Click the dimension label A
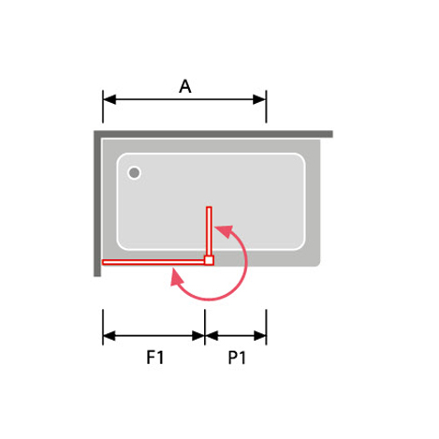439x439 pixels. (x=185, y=86)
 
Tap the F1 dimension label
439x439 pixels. (x=155, y=358)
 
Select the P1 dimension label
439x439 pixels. (x=237, y=358)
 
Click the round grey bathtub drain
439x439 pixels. (x=134, y=172)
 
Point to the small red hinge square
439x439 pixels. (x=209, y=260)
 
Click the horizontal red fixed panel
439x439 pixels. (x=154, y=262)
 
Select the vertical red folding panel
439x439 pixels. (x=209, y=231)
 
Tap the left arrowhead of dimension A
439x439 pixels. (x=110, y=99)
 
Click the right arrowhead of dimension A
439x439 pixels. (x=259, y=99)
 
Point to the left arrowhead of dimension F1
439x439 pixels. (x=110, y=336)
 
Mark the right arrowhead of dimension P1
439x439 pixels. (x=260, y=336)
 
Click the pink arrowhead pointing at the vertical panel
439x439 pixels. (x=225, y=231)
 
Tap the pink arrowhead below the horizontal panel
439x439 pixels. (x=177, y=278)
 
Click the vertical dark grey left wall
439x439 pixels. (x=97, y=203)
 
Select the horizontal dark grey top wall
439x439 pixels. (x=213, y=134)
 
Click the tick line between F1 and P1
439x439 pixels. (x=205, y=327)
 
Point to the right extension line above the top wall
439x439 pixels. (x=266, y=107)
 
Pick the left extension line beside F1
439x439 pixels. (x=103, y=327)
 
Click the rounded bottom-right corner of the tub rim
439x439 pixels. (x=317, y=263)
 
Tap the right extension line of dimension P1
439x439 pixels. (x=266, y=327)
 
